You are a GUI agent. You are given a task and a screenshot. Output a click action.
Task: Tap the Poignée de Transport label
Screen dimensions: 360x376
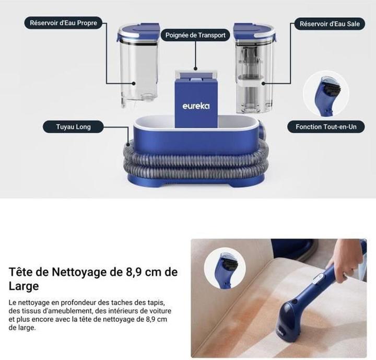195,36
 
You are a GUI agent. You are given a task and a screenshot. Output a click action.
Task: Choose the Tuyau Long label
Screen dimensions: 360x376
73,127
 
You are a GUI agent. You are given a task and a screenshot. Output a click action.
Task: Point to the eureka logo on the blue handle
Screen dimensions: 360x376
196,106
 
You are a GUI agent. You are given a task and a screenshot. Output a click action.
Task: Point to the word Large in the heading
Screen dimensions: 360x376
23,286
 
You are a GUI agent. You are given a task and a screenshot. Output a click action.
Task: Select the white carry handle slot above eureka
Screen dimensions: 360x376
195,78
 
